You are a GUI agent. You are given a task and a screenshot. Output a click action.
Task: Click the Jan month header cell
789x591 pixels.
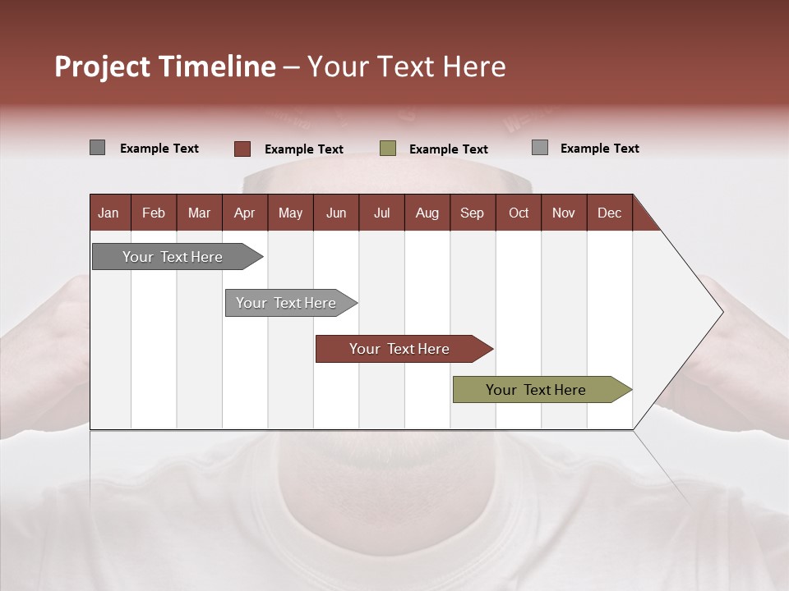click(x=108, y=213)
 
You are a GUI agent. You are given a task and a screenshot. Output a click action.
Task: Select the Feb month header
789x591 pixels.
click(x=154, y=213)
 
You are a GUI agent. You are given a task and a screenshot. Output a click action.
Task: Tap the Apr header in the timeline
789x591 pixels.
click(x=244, y=213)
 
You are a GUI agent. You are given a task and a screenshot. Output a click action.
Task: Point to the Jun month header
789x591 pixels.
click(x=335, y=213)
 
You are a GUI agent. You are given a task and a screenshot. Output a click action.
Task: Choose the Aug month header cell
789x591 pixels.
click(x=427, y=213)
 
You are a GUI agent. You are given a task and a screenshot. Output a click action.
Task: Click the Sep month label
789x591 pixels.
click(x=472, y=213)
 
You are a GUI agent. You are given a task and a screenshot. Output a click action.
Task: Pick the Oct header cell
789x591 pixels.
click(x=518, y=213)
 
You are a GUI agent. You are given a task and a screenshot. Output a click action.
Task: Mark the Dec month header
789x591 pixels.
click(x=609, y=213)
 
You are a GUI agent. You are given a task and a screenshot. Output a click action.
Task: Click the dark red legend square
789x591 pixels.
click(x=242, y=149)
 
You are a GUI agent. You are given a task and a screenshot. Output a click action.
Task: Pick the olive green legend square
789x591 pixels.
click(x=388, y=149)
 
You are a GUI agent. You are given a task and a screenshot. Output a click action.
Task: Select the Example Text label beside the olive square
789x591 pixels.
click(x=448, y=149)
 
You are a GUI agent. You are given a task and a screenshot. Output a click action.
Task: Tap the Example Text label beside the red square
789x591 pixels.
click(x=303, y=149)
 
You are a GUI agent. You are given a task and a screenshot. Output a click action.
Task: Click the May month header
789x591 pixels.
click(x=290, y=213)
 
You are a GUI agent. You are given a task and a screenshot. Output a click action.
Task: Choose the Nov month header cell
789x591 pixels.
click(x=563, y=213)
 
